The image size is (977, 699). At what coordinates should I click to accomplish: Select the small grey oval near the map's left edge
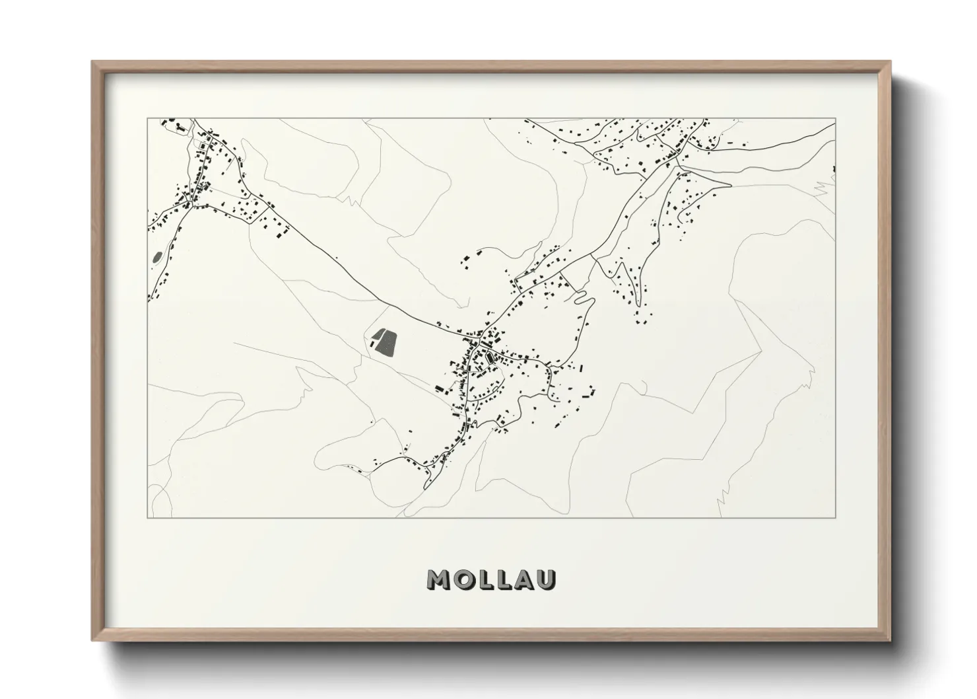click(x=156, y=258)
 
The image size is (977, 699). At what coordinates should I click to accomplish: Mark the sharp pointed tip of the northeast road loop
click(x=731, y=184)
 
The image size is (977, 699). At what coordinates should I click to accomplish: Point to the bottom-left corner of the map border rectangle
click(x=148, y=517)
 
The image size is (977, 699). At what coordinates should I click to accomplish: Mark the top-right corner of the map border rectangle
click(x=835, y=119)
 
